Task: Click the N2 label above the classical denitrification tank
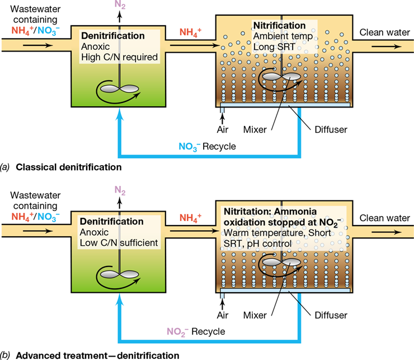[x=120, y=4]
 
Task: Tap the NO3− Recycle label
[x=207, y=147]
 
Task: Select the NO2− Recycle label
[x=196, y=331]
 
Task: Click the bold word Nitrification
[x=279, y=25]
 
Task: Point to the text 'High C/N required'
[x=119, y=57]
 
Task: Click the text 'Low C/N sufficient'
[x=119, y=242]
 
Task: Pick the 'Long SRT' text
[x=274, y=47]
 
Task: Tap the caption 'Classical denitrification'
[x=69, y=167]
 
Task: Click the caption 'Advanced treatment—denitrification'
[x=97, y=356]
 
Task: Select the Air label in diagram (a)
[x=223, y=129]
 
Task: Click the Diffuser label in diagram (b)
[x=331, y=315]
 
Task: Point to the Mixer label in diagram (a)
[x=255, y=129]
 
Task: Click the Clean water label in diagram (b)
[x=385, y=218]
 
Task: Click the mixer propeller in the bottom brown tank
[x=282, y=262]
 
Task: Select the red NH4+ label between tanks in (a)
[x=190, y=32]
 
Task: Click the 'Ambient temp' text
[x=283, y=36]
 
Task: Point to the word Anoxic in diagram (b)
[x=94, y=232]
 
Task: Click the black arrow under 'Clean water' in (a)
[x=387, y=47]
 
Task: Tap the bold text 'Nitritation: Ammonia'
[x=270, y=212]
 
